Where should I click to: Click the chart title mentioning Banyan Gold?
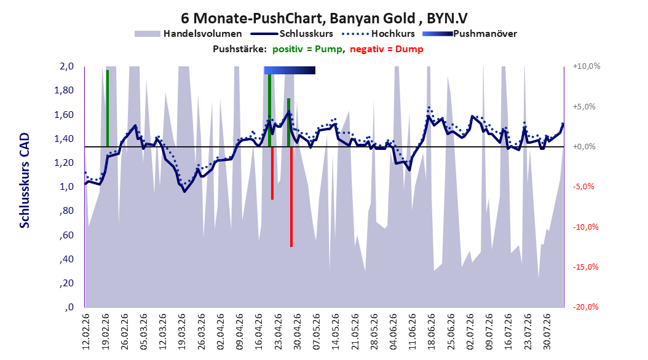tap(324, 18)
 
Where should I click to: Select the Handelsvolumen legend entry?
tap(189, 34)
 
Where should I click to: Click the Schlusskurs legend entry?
tap(292, 34)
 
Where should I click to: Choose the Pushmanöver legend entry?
tap(470, 34)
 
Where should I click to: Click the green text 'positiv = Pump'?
tap(307, 49)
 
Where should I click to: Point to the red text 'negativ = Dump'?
tap(387, 49)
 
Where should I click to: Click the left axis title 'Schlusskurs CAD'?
tap(25, 181)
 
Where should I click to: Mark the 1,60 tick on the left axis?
tap(64, 114)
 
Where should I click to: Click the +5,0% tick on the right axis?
tap(584, 106)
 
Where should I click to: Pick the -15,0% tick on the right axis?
tap(585, 267)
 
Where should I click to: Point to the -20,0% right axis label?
tap(585, 307)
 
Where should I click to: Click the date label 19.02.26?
tap(105, 332)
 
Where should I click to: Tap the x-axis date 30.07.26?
tap(547, 332)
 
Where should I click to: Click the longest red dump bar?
tap(291, 197)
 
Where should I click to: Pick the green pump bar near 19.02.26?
tap(108, 108)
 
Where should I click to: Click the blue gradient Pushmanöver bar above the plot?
tap(290, 70)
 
